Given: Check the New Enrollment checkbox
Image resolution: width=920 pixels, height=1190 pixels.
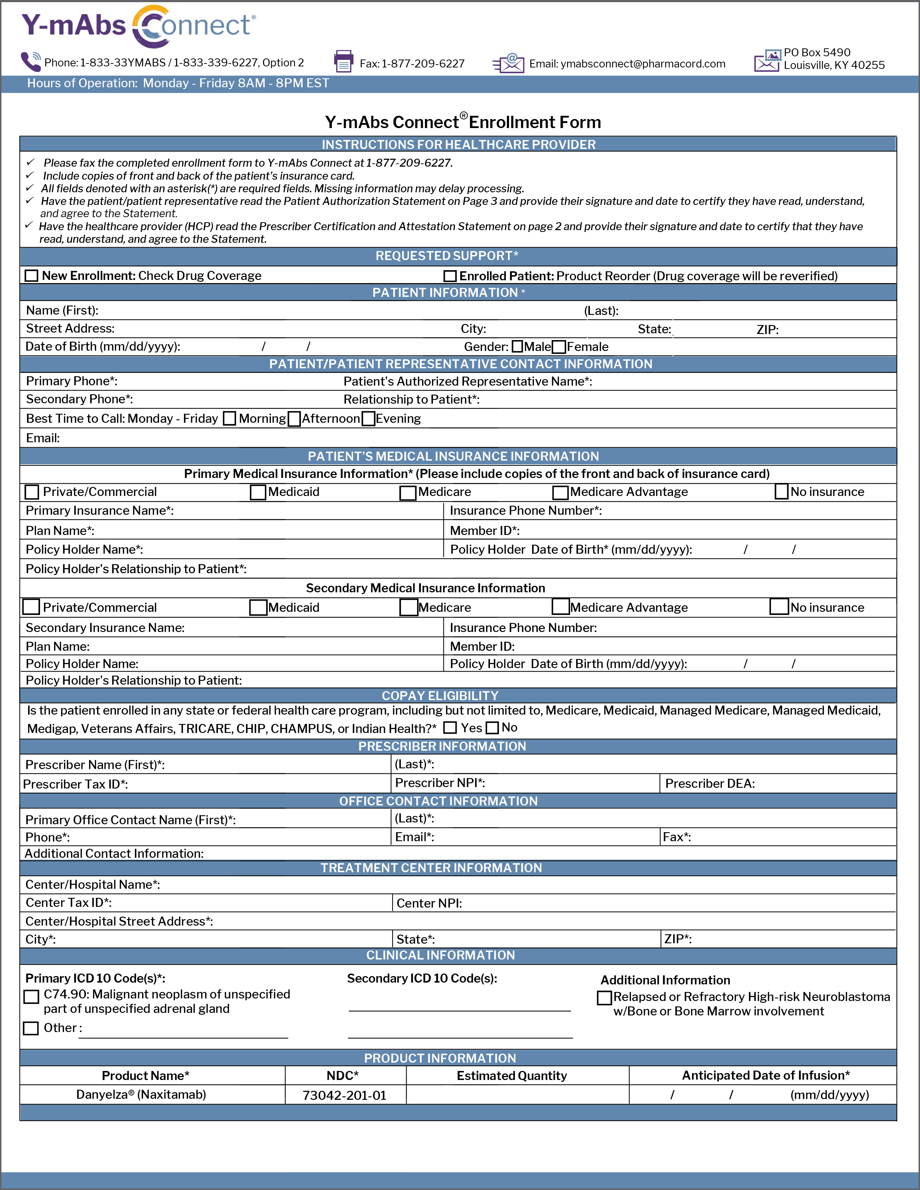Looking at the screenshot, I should (32, 276).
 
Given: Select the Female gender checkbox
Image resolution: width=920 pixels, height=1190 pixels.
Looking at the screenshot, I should (558, 347).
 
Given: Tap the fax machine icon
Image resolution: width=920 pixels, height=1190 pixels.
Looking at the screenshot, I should (343, 62).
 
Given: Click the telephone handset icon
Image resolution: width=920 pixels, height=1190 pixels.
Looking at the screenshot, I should (31, 62).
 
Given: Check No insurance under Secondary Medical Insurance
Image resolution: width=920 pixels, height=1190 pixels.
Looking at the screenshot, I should (779, 607).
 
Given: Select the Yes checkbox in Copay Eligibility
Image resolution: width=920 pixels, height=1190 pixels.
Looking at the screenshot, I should (450, 728).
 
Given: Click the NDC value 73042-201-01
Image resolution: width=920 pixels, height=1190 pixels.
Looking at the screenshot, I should (345, 1095).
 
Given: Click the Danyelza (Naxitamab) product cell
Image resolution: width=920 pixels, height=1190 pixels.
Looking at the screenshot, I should (141, 1095).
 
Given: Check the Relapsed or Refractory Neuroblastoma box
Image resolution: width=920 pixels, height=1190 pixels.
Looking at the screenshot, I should (604, 998).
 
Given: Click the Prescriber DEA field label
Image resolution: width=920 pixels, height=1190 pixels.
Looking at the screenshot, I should (710, 783).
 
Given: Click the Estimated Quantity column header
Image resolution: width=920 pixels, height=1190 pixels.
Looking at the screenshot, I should (512, 1076).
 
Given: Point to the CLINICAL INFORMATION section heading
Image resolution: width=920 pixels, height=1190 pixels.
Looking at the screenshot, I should (441, 955).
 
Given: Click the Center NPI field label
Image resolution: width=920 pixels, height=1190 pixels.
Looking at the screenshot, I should (429, 903).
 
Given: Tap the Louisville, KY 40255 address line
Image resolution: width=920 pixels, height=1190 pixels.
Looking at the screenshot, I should (834, 65).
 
